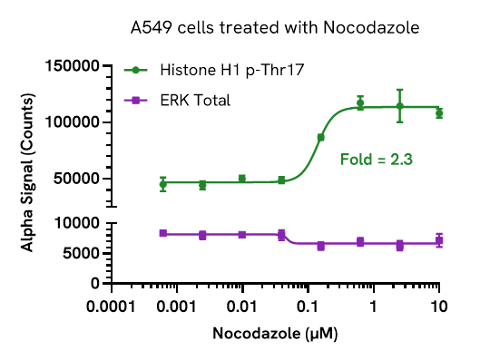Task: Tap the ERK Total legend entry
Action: (x=194, y=100)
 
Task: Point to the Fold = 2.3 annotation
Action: (x=377, y=160)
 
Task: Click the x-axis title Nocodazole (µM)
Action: (x=275, y=334)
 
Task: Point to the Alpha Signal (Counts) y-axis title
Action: (x=27, y=175)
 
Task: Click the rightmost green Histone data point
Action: (x=439, y=113)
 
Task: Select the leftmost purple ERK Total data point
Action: (x=163, y=233)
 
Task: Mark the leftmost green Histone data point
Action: (x=163, y=184)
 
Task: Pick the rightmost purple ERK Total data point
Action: (x=439, y=240)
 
